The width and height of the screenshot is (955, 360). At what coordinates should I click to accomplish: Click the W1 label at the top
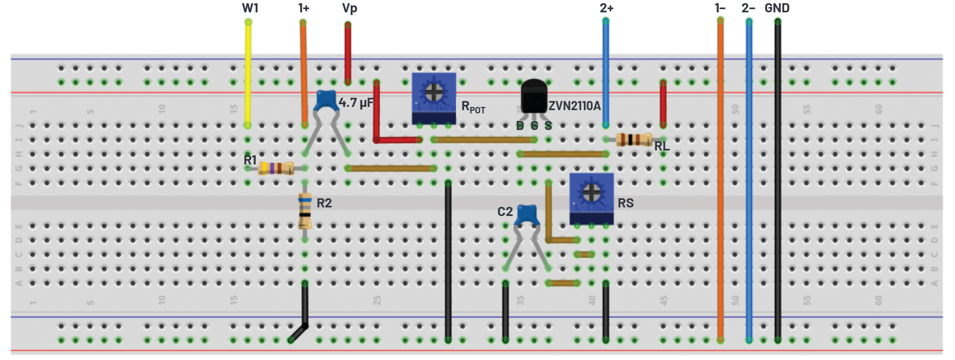(x=250, y=8)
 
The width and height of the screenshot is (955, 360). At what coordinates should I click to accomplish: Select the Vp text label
(x=349, y=8)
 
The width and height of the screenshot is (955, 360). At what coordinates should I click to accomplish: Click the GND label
(x=777, y=8)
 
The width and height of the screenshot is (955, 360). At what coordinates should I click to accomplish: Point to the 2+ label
(x=606, y=8)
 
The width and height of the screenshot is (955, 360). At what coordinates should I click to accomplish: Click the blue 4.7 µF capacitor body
(x=326, y=100)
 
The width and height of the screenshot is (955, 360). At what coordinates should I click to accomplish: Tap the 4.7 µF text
(x=356, y=103)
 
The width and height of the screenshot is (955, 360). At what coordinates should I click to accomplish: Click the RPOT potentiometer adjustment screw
(x=433, y=92)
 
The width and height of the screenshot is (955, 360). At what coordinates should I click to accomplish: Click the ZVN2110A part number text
(x=574, y=106)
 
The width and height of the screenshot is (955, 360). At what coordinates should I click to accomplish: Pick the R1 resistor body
(x=276, y=168)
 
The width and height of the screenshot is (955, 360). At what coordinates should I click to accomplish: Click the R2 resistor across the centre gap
(x=305, y=210)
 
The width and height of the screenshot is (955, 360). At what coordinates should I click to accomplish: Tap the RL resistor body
(x=634, y=140)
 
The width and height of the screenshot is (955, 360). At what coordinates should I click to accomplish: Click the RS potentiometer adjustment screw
(x=591, y=191)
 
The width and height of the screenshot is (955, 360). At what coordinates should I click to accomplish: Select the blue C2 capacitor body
(x=527, y=215)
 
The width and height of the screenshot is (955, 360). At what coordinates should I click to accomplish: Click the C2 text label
(x=505, y=212)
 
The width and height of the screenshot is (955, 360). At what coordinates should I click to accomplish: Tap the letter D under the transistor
(x=519, y=126)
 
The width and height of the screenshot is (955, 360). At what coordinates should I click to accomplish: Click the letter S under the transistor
(x=548, y=126)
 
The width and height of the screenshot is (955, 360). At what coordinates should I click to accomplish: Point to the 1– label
(x=720, y=8)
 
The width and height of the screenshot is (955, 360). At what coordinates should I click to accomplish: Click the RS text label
(x=626, y=203)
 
